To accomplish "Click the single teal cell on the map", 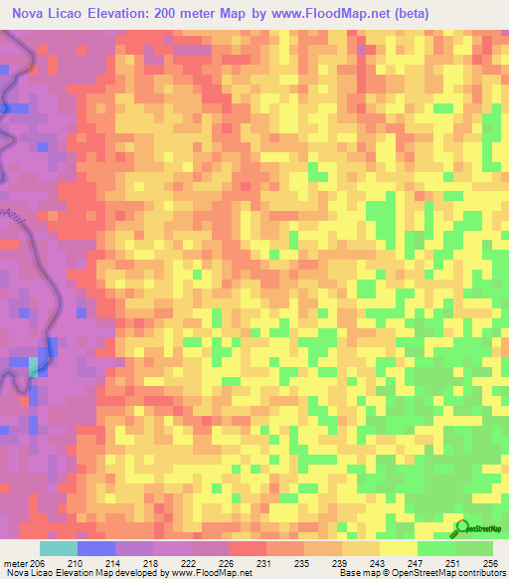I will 34,366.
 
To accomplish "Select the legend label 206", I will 38,562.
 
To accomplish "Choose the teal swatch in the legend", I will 58,548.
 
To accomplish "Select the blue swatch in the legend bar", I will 95,548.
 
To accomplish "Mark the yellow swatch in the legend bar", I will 398,548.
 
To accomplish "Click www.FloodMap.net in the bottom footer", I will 210,573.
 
